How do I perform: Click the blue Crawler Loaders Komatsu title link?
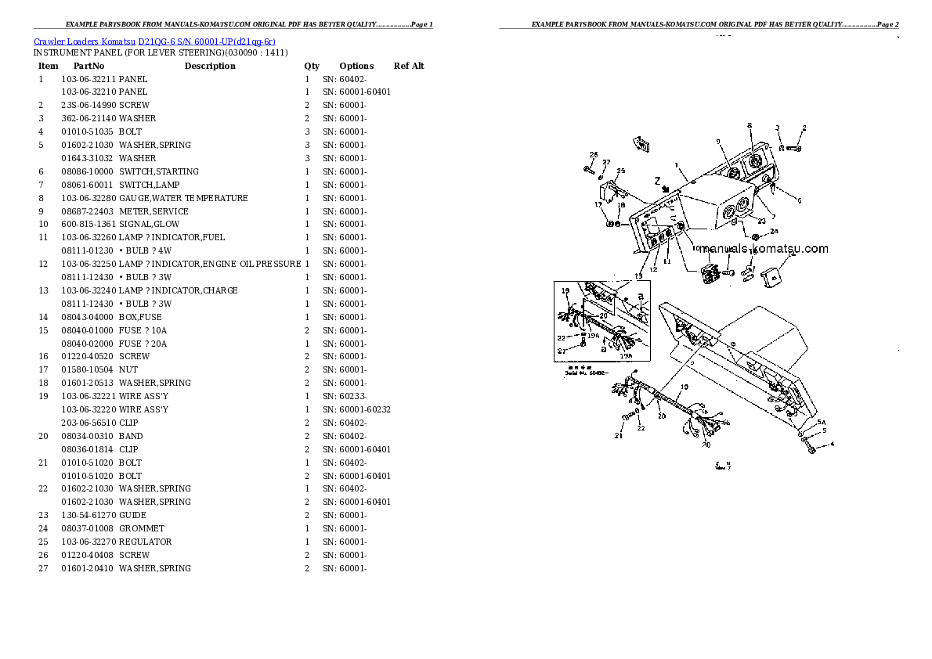154,41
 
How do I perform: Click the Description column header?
210,67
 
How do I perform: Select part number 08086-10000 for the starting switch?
88,172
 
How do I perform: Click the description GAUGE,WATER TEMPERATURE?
183,199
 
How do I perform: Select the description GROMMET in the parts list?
141,529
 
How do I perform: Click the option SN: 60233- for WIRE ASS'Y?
345,397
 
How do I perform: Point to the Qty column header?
312,67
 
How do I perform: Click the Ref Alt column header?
409,67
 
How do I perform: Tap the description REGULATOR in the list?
145,542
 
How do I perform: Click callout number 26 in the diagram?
594,154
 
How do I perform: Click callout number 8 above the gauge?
749,125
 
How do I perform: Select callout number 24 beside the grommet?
774,232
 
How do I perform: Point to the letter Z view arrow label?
656,179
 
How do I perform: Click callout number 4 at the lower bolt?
832,445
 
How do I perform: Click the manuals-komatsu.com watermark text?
764,249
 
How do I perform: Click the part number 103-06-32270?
88,542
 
